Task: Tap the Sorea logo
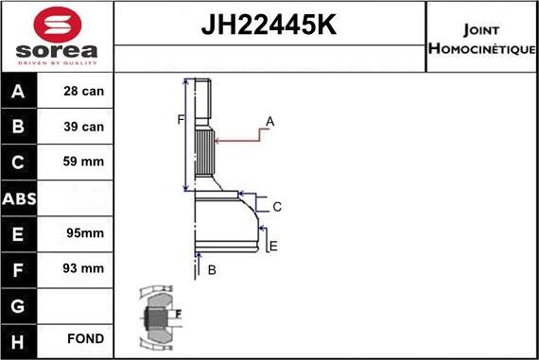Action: tap(58, 36)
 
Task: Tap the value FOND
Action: tap(85, 338)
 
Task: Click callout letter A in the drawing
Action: tap(270, 121)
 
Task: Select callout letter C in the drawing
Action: tap(277, 207)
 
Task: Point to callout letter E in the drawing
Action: tap(273, 247)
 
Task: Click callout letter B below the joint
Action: tap(212, 270)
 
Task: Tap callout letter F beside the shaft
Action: tap(179, 120)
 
